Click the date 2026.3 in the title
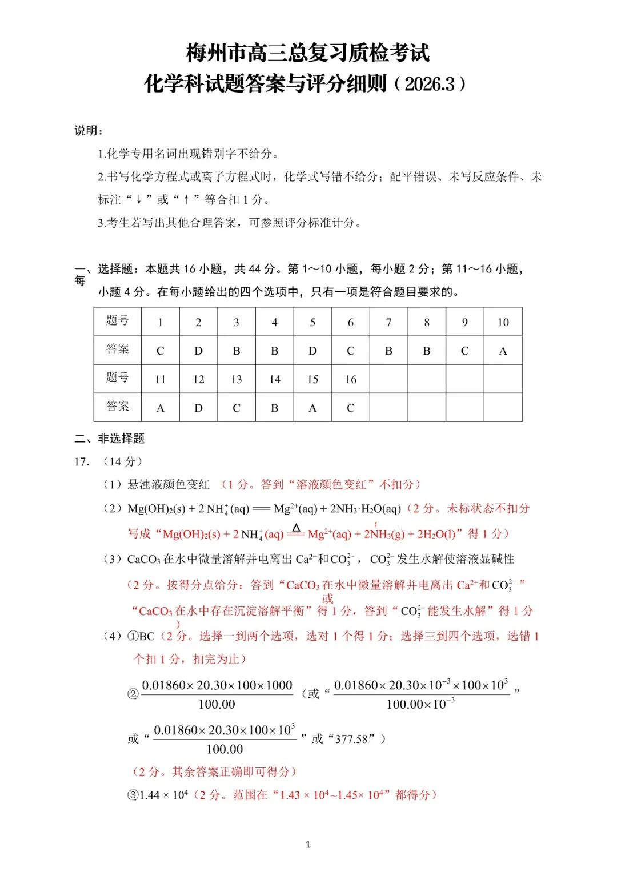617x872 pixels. (x=429, y=84)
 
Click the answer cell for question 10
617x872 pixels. (x=503, y=351)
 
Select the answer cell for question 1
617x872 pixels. (x=160, y=351)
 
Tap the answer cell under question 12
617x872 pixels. (x=198, y=408)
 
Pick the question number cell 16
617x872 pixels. (x=351, y=379)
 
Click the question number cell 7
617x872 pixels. (x=388, y=322)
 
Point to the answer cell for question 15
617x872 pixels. (x=312, y=408)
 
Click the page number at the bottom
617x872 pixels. (x=308, y=844)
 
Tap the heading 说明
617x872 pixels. (x=89, y=131)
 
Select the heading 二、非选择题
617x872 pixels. (x=109, y=439)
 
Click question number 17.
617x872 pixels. (x=82, y=461)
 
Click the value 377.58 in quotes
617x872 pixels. (x=351, y=739)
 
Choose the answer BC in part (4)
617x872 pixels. (x=147, y=636)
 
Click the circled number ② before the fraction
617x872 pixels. (x=133, y=694)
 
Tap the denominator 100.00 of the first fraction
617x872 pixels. (x=217, y=705)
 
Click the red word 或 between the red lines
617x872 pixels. (x=327, y=598)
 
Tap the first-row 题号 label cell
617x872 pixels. (x=117, y=322)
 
